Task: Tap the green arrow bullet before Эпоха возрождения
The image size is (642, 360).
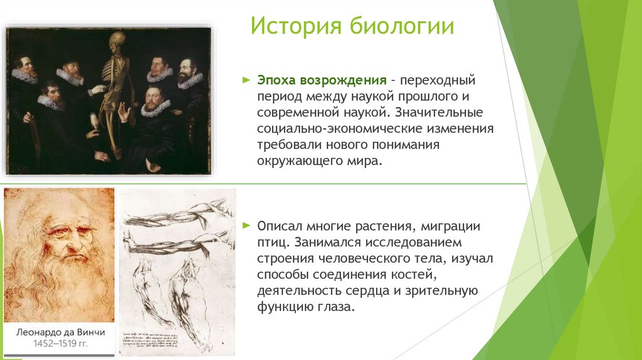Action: click(x=246, y=81)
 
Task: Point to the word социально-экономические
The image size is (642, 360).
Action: click(x=344, y=129)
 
